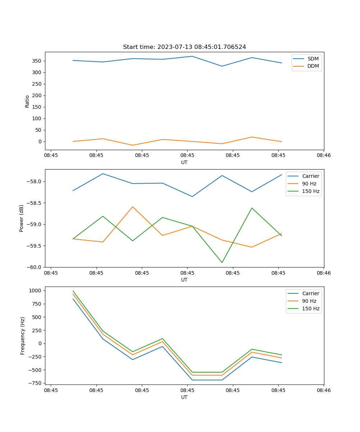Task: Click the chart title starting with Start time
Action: click(184, 47)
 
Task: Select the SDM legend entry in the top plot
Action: click(313, 59)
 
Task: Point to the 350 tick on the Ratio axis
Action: click(37, 61)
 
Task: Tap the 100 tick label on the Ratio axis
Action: click(37, 118)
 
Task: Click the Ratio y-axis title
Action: click(27, 101)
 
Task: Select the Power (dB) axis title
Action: click(22, 218)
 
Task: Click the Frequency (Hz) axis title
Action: click(23, 336)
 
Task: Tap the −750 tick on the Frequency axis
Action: click(36, 383)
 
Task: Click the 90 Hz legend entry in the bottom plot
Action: click(309, 301)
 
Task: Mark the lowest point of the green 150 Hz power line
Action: click(222, 262)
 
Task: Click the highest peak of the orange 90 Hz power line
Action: click(132, 207)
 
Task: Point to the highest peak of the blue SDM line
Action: click(192, 56)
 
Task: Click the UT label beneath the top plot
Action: click(184, 162)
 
